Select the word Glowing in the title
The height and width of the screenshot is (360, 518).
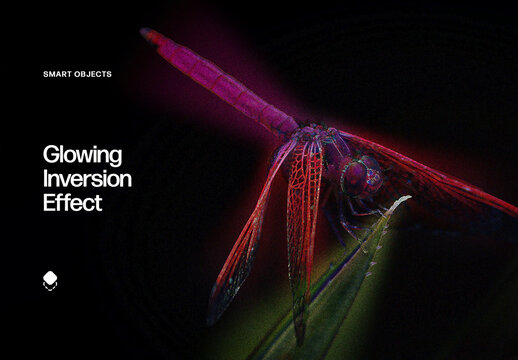click(x=82, y=155)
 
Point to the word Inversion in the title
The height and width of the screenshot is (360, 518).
click(x=88, y=179)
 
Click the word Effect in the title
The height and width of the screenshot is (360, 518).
click(x=72, y=203)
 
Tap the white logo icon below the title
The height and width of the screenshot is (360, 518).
click(x=51, y=280)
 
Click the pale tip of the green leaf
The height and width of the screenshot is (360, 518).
click(x=406, y=198)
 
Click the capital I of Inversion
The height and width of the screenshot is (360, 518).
click(x=46, y=179)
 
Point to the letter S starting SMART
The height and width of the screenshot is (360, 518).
click(x=45, y=74)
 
